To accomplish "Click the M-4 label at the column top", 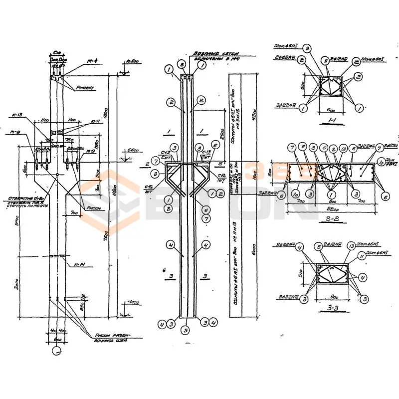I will pos(91,61).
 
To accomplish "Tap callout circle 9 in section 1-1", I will pos(308,48).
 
